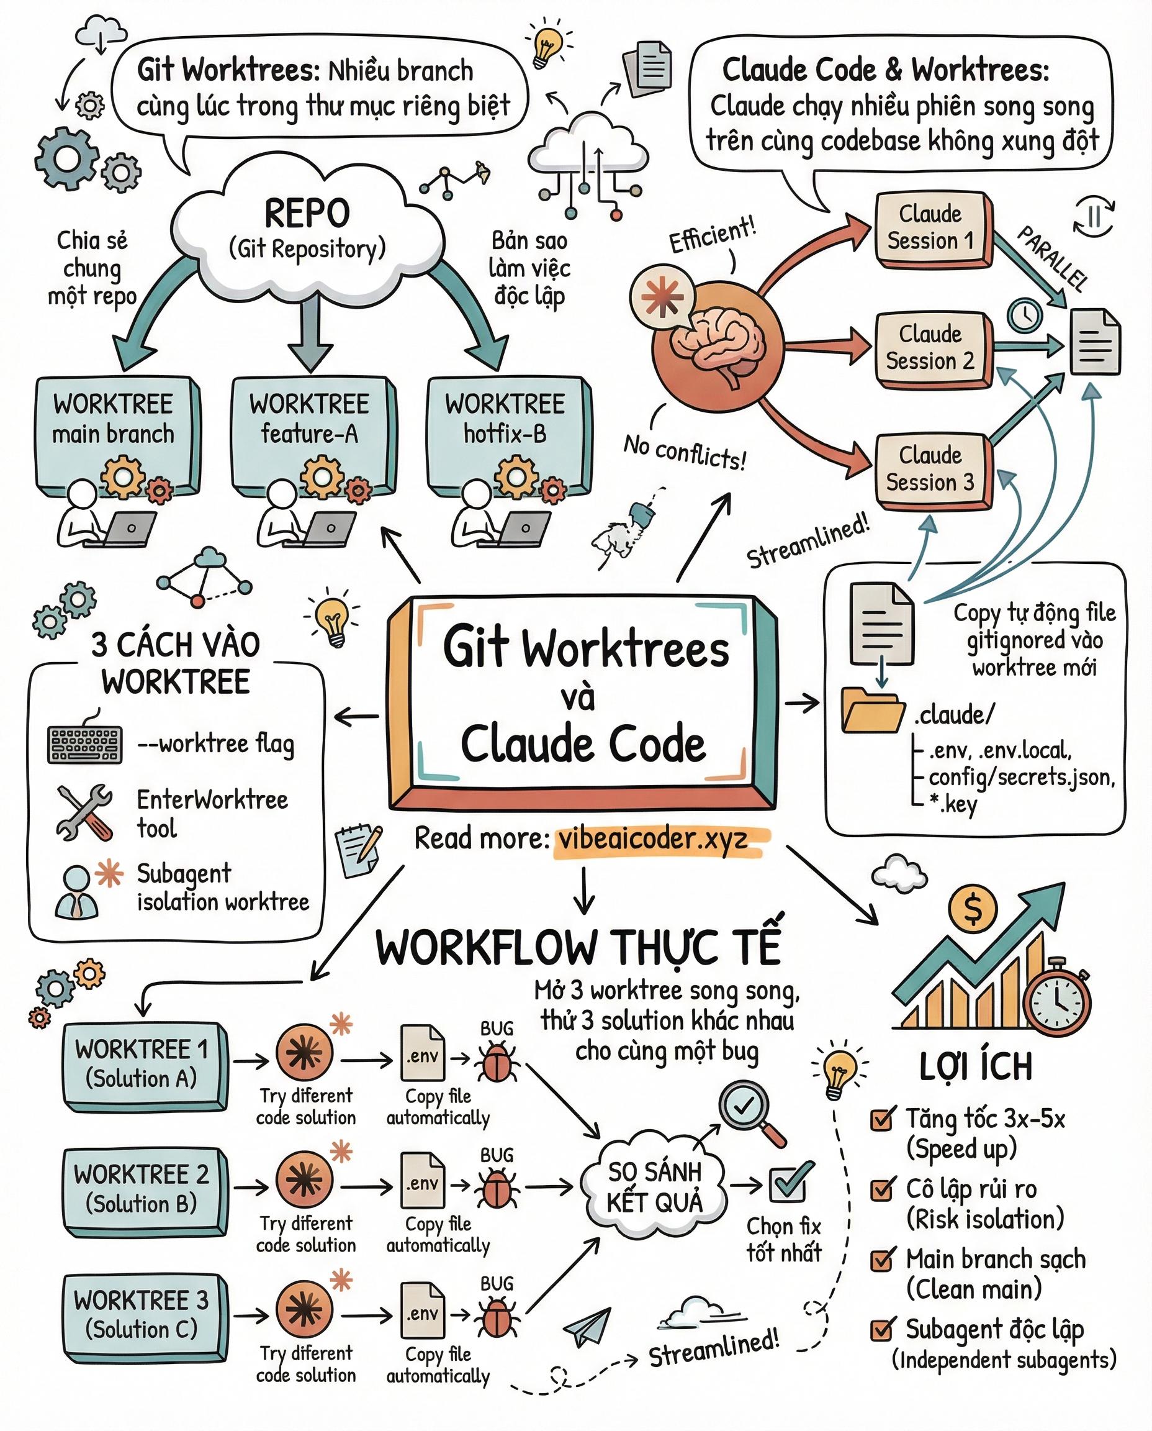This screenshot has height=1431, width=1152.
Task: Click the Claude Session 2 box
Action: pos(930,347)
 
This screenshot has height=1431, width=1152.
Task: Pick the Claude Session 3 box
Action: pos(930,469)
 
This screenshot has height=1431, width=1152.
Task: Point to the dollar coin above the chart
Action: pos(972,909)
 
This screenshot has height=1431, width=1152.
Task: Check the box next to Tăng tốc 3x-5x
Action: pos(881,1120)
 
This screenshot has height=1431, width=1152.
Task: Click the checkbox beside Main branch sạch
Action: pos(881,1260)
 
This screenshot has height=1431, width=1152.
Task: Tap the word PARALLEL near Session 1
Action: pos(1053,259)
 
